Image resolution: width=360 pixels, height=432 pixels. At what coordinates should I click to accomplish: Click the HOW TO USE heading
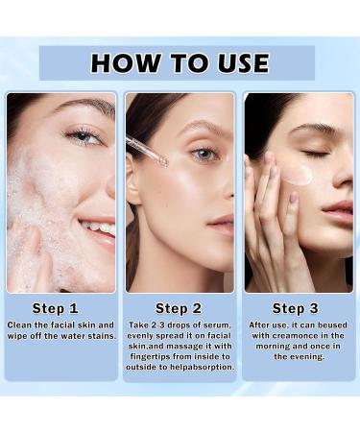point(180,63)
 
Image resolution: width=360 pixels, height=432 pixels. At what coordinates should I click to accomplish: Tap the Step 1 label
point(56,308)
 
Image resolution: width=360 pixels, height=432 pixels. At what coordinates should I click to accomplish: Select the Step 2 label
point(179,308)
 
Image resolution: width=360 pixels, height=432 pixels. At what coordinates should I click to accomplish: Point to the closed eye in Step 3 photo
point(316,154)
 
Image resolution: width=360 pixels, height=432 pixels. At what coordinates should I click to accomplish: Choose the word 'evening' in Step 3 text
point(299,355)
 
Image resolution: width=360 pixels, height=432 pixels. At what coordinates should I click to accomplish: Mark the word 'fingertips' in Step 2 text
point(157,352)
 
